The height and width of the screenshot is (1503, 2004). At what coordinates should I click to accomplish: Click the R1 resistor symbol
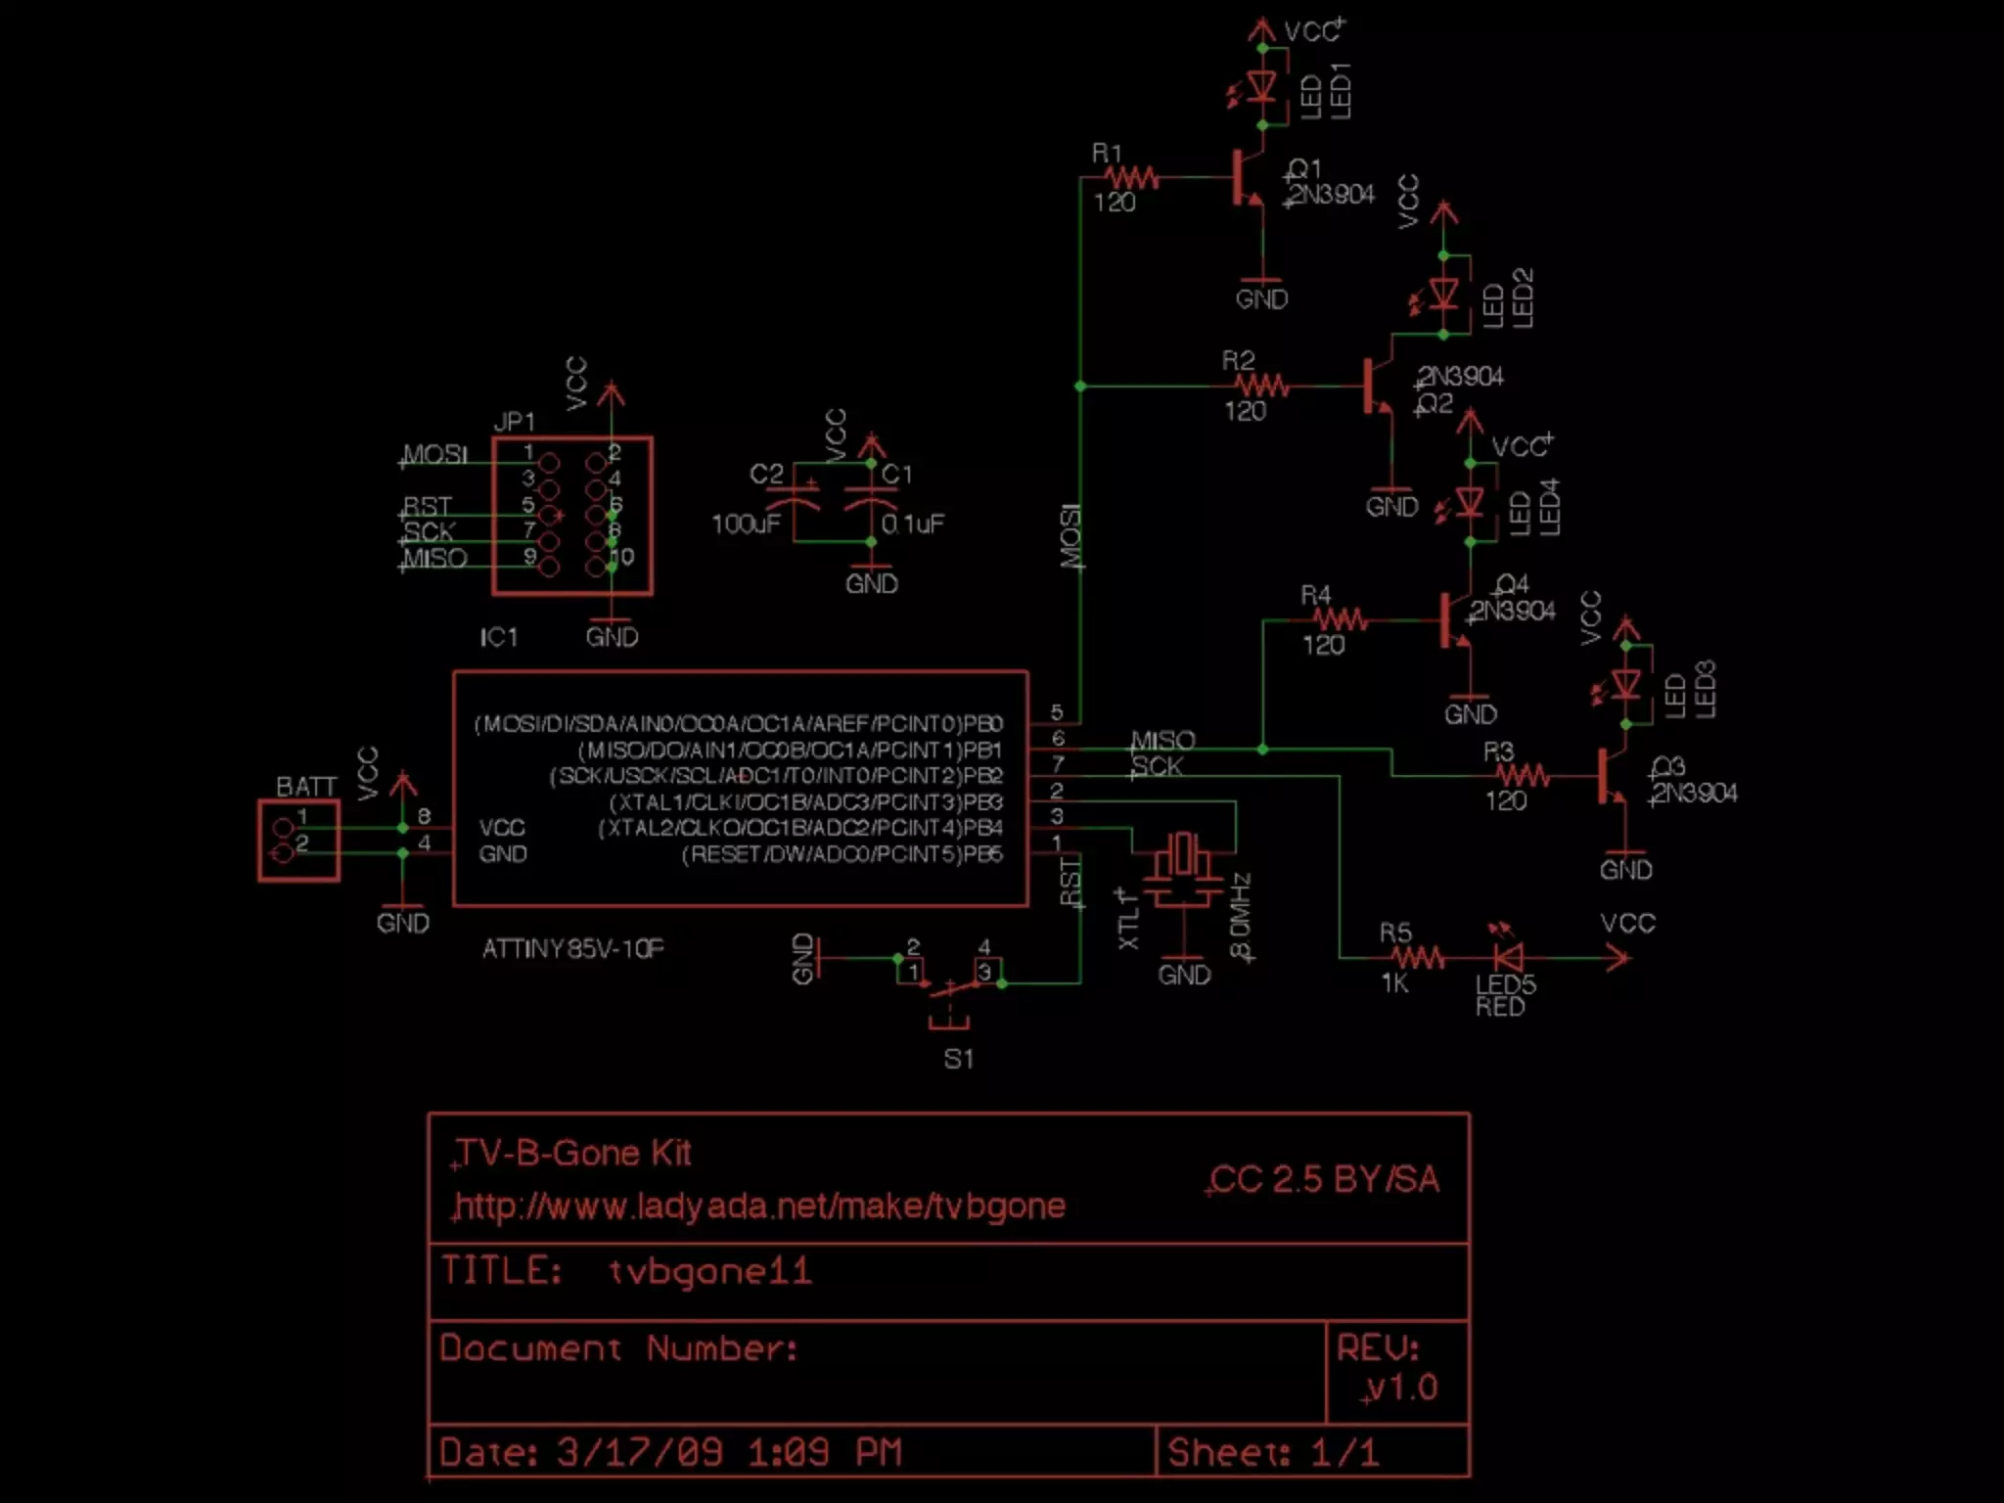tap(1132, 177)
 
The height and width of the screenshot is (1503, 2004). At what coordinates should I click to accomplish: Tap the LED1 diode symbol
tap(1262, 87)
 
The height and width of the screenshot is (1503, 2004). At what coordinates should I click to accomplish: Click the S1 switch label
tap(958, 1059)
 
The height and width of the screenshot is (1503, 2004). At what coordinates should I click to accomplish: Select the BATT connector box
tap(298, 841)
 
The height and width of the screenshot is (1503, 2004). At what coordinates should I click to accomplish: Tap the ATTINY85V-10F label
tap(572, 948)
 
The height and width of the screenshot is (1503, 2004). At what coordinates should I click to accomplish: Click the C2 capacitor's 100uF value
tap(746, 524)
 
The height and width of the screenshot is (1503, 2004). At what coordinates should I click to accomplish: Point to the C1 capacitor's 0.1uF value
tap(912, 524)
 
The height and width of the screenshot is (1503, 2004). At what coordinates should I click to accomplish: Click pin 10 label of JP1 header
tap(621, 557)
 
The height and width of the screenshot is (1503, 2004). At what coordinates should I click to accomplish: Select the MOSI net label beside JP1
tap(435, 455)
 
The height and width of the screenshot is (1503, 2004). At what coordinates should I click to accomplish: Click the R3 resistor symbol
tap(1523, 776)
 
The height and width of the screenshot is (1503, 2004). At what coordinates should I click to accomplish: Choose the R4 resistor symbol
tap(1340, 619)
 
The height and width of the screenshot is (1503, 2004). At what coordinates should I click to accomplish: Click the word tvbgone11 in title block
tap(709, 1271)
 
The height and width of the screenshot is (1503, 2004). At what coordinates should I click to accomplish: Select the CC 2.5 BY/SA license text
tap(1325, 1179)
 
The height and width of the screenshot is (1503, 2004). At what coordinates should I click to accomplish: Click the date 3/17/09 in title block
tap(640, 1452)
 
